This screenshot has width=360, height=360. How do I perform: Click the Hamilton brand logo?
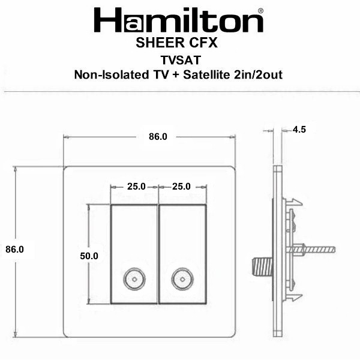[x=179, y=20]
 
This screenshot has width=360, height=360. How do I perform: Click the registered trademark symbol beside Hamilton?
[x=260, y=11]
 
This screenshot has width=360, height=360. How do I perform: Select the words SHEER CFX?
[x=176, y=43]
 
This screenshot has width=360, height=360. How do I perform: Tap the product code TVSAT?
[x=181, y=60]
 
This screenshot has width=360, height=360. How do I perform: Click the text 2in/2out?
[x=258, y=75]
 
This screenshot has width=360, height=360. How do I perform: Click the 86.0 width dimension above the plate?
[x=158, y=137]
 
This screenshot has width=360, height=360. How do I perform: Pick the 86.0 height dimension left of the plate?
[x=14, y=250]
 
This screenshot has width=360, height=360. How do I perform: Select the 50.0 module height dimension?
[x=89, y=256]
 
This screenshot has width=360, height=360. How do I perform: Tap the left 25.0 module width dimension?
[x=136, y=187]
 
